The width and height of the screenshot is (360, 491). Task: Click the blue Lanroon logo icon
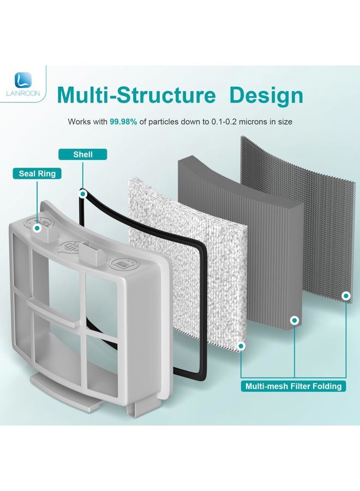[23, 80]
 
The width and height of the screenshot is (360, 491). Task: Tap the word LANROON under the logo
[23, 93]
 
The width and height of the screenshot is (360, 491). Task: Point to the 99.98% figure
[123, 122]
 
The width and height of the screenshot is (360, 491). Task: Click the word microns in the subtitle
[253, 122]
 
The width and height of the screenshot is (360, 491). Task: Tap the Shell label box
[83, 154]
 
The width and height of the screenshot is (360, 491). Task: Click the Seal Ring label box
[37, 173]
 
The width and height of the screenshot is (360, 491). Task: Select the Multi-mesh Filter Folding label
[293, 386]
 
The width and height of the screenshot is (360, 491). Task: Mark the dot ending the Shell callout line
[83, 194]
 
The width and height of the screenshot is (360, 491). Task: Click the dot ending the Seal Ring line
[37, 228]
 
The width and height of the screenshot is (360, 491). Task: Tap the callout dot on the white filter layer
[241, 346]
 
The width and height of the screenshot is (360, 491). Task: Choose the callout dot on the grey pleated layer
[295, 320]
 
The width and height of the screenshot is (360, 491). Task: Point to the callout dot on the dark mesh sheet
[346, 296]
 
